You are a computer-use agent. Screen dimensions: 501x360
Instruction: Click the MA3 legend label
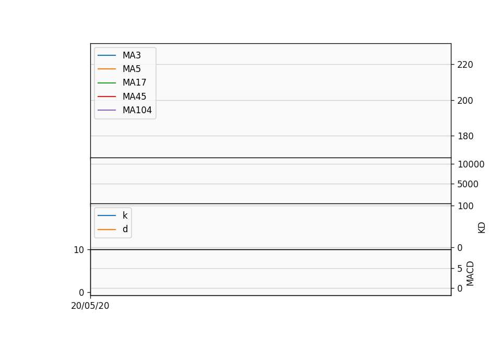132,55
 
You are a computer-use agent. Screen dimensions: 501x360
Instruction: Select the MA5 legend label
132,69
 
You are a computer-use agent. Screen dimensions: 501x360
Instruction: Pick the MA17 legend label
135,83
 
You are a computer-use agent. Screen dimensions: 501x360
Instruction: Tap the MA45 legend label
135,97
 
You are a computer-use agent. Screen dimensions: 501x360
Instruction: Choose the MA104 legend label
137,110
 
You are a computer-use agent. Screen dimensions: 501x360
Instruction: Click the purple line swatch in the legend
106,110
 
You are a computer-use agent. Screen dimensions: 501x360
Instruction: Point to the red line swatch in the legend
106,97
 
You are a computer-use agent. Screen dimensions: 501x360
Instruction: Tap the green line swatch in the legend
106,83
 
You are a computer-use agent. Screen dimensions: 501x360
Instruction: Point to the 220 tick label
465,65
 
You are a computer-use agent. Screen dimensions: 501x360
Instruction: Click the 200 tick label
465,101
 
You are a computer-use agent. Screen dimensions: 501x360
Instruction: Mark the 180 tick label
465,136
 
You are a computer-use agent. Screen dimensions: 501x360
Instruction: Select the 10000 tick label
471,164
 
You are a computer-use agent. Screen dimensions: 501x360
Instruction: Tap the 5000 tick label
468,184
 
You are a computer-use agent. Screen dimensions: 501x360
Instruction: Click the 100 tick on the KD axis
465,206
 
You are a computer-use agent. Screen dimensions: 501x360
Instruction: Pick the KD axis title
482,228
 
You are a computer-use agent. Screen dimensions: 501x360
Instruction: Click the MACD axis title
470,274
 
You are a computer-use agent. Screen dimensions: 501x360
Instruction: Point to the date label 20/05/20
90,306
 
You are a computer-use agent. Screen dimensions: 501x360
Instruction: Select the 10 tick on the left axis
79,250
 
